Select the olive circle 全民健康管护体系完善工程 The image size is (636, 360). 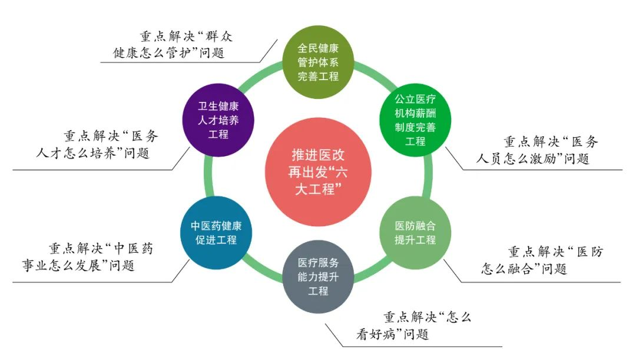pyautogui.click(x=318, y=61)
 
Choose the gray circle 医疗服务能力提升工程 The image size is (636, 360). pyautogui.click(x=318, y=276)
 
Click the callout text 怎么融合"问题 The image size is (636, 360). pyautogui.click(x=524, y=269)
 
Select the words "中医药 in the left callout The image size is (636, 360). pyautogui.click(x=134, y=248)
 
